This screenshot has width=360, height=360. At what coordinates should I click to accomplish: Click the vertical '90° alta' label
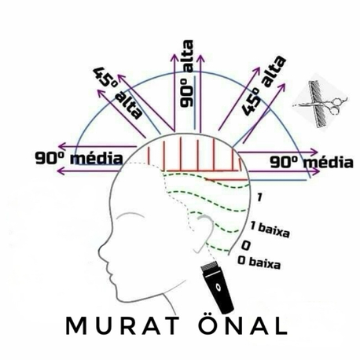[187, 74]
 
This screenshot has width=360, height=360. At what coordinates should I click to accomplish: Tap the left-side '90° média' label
[79, 158]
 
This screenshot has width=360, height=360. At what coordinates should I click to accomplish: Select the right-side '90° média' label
[311, 162]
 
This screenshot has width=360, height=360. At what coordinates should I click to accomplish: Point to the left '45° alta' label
[118, 93]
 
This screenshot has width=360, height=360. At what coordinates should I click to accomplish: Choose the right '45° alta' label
[263, 86]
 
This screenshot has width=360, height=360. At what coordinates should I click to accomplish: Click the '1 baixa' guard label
[270, 230]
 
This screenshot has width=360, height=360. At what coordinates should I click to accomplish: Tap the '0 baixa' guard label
[259, 263]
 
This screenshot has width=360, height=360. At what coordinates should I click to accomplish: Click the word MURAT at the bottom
[123, 325]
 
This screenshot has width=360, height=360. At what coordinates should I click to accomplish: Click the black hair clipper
[217, 287]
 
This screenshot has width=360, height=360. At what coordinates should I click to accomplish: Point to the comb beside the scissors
[318, 105]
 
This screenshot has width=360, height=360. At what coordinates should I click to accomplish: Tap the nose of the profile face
[101, 249]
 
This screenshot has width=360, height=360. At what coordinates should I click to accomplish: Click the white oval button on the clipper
[218, 287]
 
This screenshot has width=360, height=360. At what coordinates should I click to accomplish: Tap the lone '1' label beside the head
[259, 197]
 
